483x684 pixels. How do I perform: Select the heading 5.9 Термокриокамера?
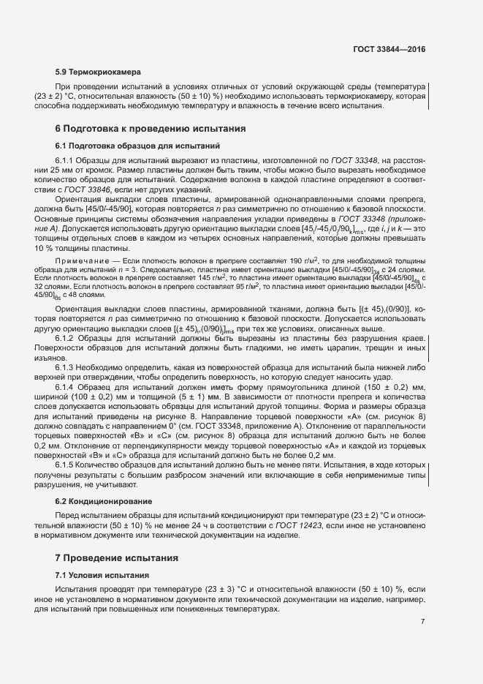click(98, 73)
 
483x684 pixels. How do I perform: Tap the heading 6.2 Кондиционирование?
click(104, 501)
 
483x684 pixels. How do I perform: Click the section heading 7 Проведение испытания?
click(117, 557)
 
